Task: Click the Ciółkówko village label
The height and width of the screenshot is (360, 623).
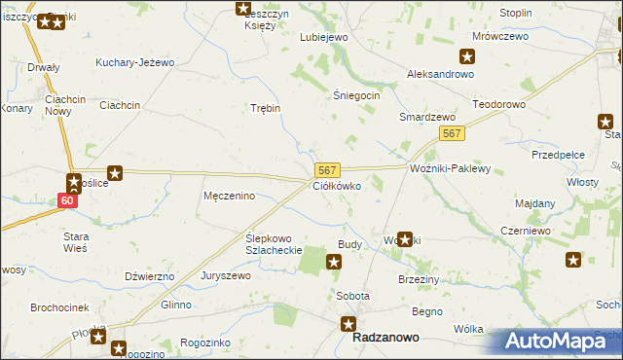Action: tap(338, 185)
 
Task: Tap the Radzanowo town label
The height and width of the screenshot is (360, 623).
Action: tap(387, 338)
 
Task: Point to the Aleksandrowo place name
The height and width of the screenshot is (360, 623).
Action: tap(440, 75)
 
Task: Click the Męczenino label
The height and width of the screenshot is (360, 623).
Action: tap(229, 196)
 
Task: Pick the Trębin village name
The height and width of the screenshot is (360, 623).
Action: tap(266, 108)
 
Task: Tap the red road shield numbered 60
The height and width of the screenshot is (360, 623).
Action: tap(66, 200)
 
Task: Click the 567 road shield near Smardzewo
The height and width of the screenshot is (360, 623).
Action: tap(450, 133)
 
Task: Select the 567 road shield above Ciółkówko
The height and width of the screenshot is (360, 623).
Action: tap(327, 169)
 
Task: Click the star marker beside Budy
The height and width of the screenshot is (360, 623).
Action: tap(334, 261)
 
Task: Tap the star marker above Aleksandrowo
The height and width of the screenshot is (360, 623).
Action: tap(468, 56)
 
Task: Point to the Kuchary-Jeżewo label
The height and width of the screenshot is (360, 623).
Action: tap(134, 62)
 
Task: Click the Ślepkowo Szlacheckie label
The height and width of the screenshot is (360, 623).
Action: tap(274, 243)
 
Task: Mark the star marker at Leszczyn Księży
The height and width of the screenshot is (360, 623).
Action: tap(243, 9)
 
